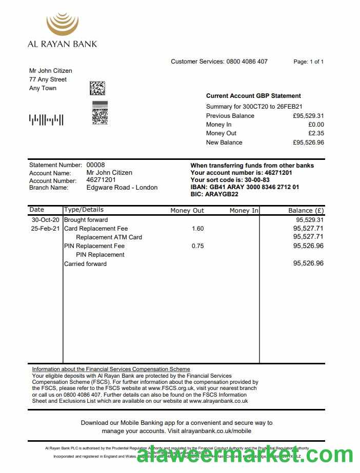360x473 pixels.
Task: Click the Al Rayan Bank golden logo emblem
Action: click(62, 24)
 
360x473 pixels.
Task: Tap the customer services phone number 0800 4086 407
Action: click(247, 61)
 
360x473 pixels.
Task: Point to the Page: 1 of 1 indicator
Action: click(308, 61)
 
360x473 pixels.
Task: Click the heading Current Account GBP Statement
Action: click(253, 96)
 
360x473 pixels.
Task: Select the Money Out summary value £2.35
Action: click(316, 133)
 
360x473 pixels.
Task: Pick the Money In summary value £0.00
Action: click(316, 125)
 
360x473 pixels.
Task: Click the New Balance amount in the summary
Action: click(308, 142)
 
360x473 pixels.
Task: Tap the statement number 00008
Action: click(95, 165)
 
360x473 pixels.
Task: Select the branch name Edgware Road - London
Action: click(122, 188)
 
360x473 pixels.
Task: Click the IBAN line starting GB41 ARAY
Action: click(245, 187)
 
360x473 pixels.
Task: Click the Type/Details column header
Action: click(84, 210)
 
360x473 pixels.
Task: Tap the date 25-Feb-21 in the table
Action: click(45, 229)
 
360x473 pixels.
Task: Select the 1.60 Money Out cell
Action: click(197, 229)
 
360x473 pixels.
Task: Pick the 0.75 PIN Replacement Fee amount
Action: click(197, 246)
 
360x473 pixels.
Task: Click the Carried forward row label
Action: click(85, 264)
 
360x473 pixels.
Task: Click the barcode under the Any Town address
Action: click(46, 120)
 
